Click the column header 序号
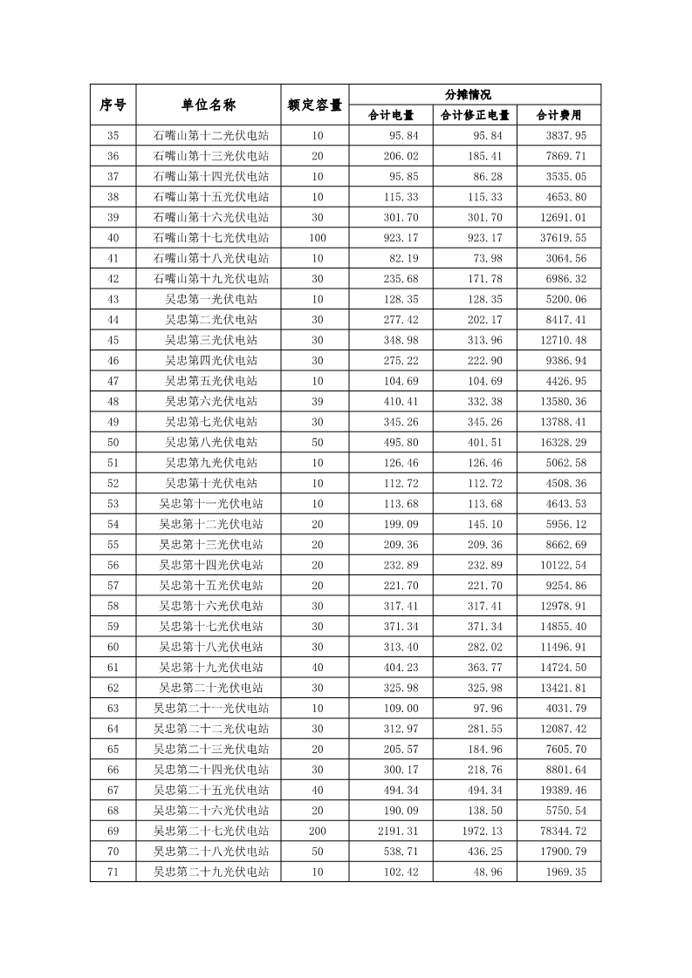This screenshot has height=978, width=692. [x=113, y=105]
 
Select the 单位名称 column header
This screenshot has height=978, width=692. [x=209, y=105]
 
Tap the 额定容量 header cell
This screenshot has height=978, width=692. [x=315, y=105]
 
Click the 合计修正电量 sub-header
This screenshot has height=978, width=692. [x=475, y=115]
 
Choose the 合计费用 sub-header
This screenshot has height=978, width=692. [x=558, y=115]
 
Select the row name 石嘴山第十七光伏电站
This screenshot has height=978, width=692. [x=211, y=238]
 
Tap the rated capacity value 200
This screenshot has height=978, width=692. [x=318, y=831]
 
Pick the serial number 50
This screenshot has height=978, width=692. [x=113, y=442]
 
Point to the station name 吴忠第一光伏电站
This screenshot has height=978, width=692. [x=211, y=299]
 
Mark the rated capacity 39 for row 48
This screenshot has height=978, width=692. [x=318, y=401]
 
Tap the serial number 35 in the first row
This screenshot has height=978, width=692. [x=113, y=136]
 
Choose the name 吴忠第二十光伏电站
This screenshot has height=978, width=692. [x=211, y=687]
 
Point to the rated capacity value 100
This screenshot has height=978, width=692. [x=318, y=238]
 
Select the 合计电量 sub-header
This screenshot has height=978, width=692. [x=391, y=115]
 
